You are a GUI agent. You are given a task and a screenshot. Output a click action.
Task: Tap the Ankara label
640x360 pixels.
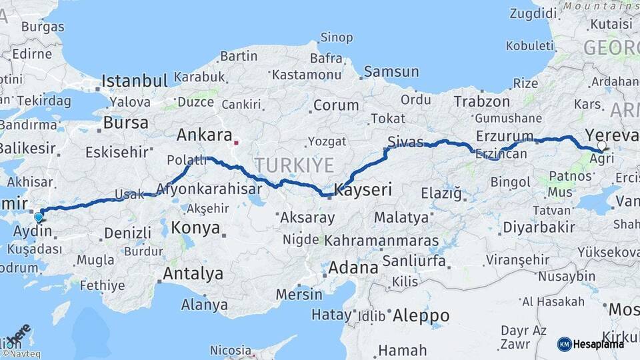pos(204,135)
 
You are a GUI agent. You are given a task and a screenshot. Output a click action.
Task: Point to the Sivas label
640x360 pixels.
pos(405,141)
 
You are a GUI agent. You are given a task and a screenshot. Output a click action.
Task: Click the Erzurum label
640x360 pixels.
pos(505,137)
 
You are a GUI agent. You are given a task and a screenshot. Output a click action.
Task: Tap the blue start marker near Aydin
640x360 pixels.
pos(39,217)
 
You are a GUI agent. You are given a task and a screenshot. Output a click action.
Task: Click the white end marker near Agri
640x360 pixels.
pos(602,145)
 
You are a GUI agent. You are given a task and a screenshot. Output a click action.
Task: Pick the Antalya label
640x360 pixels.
pos(193,273)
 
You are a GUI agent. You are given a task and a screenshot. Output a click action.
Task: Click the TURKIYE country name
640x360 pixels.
pos(293,165)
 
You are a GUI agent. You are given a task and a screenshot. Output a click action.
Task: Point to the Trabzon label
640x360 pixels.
pos(481,102)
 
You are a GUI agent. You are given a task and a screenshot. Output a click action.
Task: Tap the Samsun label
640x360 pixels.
pos(391,72)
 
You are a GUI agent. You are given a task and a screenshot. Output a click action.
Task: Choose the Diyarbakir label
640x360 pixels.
pos(539,227)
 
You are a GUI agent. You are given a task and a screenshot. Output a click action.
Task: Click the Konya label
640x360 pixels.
pos(195,228)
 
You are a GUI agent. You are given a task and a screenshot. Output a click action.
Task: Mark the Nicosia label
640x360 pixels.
pos(231,350)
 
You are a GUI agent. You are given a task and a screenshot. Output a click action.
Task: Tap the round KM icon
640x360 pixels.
pos(564,344)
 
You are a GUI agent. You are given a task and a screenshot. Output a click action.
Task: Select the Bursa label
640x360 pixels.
pos(126,123)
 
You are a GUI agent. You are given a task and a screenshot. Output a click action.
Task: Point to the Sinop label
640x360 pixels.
pos(337,37)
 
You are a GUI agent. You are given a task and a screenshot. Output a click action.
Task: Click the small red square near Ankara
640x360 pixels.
pos(236,142)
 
